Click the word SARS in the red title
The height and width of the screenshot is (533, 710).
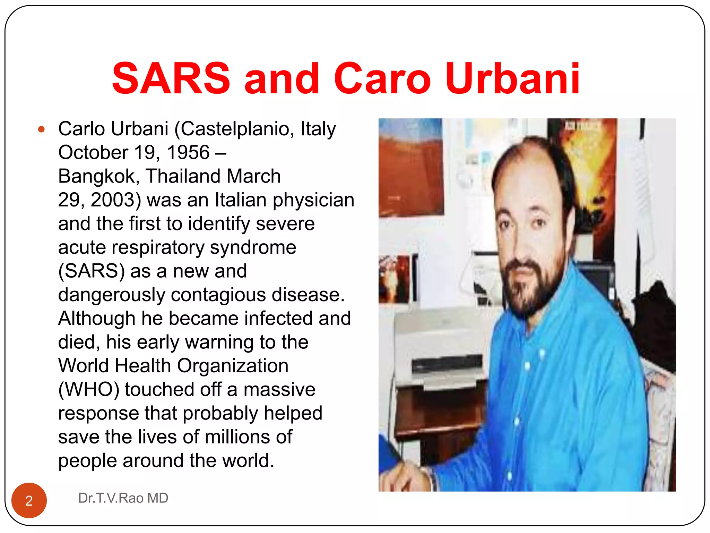pyautogui.click(x=171, y=78)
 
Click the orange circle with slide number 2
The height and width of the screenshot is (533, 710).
pyautogui.click(x=29, y=500)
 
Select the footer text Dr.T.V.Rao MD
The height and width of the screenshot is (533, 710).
pyautogui.click(x=123, y=498)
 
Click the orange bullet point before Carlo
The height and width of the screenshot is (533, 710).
pyautogui.click(x=42, y=130)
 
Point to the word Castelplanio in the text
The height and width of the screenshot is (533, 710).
pyautogui.click(x=235, y=129)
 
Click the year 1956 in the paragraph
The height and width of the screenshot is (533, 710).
pyautogui.click(x=188, y=153)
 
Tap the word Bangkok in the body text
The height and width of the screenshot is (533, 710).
pyautogui.click(x=98, y=176)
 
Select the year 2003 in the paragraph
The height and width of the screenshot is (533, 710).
pyautogui.click(x=116, y=200)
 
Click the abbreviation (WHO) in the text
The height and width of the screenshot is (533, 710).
pyautogui.click(x=89, y=389)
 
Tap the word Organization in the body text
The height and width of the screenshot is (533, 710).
pyautogui.click(x=233, y=366)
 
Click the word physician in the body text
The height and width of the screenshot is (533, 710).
pyautogui.click(x=313, y=200)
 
